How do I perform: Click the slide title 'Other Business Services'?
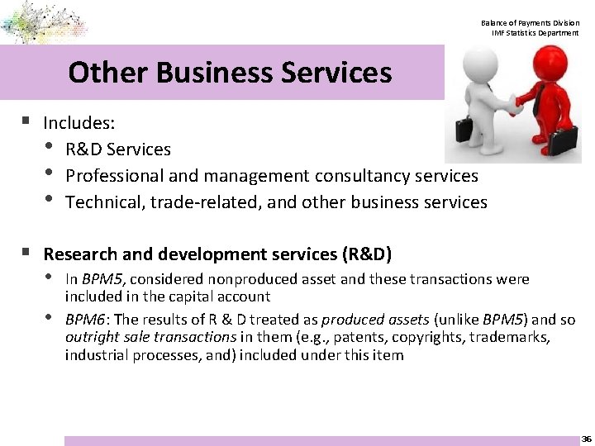point(230,73)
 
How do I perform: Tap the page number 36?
point(586,439)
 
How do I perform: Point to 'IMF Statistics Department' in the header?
point(535,33)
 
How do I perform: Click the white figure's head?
point(483,63)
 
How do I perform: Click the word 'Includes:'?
point(79,123)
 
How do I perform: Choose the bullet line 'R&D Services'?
point(118,149)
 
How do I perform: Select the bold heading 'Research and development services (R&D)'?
point(217,254)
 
